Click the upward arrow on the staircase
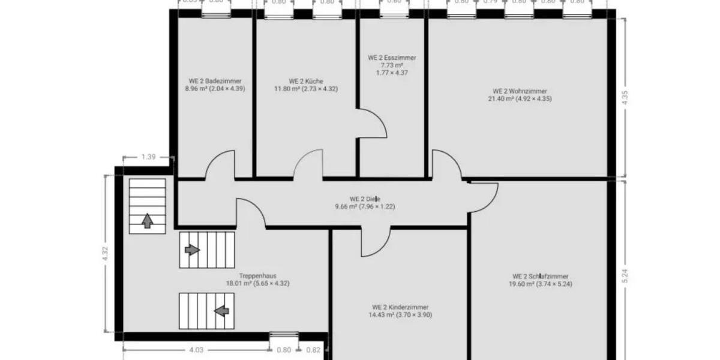click(146, 221)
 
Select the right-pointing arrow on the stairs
click(192, 249)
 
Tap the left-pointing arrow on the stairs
click(222, 311)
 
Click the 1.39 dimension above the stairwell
click(148, 157)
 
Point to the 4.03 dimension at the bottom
click(196, 350)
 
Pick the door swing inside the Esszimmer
click(372, 124)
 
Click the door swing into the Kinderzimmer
click(375, 241)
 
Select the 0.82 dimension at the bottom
click(313, 350)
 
